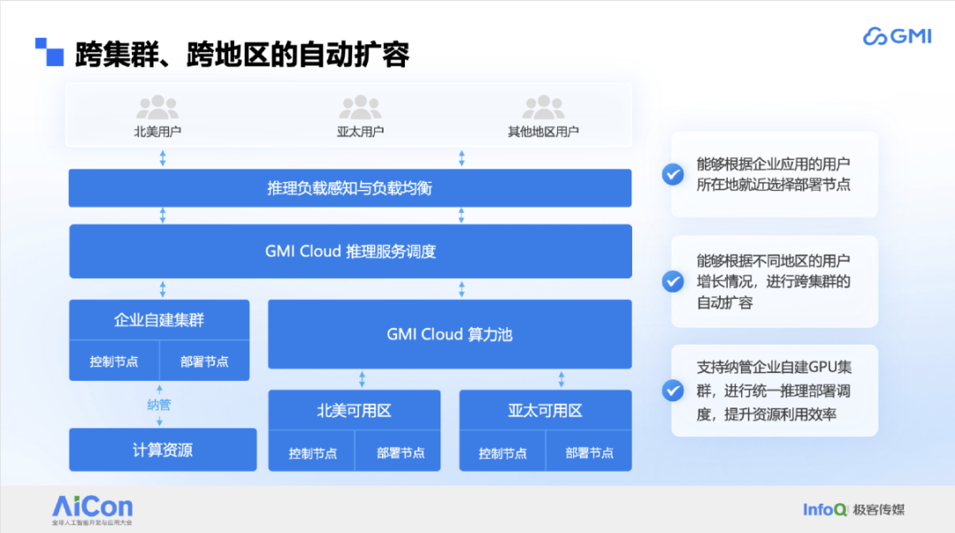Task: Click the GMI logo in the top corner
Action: click(x=898, y=36)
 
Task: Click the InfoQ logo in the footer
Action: click(x=825, y=509)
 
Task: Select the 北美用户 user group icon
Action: click(x=157, y=107)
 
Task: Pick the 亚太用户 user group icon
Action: click(x=360, y=107)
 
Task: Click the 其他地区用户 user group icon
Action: click(x=543, y=107)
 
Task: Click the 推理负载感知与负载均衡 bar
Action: click(x=350, y=188)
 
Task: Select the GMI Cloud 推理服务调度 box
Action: click(x=350, y=252)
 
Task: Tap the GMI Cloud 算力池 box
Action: click(x=449, y=334)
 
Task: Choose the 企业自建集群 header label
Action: click(x=159, y=320)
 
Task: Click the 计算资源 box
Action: click(x=163, y=450)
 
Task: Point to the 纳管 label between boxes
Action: click(x=159, y=405)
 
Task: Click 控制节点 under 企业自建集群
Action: click(x=114, y=362)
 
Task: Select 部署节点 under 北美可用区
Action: click(x=401, y=453)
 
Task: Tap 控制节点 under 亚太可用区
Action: click(x=502, y=453)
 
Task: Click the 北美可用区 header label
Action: click(x=354, y=410)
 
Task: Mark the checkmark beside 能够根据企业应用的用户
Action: click(x=673, y=175)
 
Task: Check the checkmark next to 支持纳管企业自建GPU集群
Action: click(x=673, y=391)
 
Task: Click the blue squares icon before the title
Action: click(x=50, y=52)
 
